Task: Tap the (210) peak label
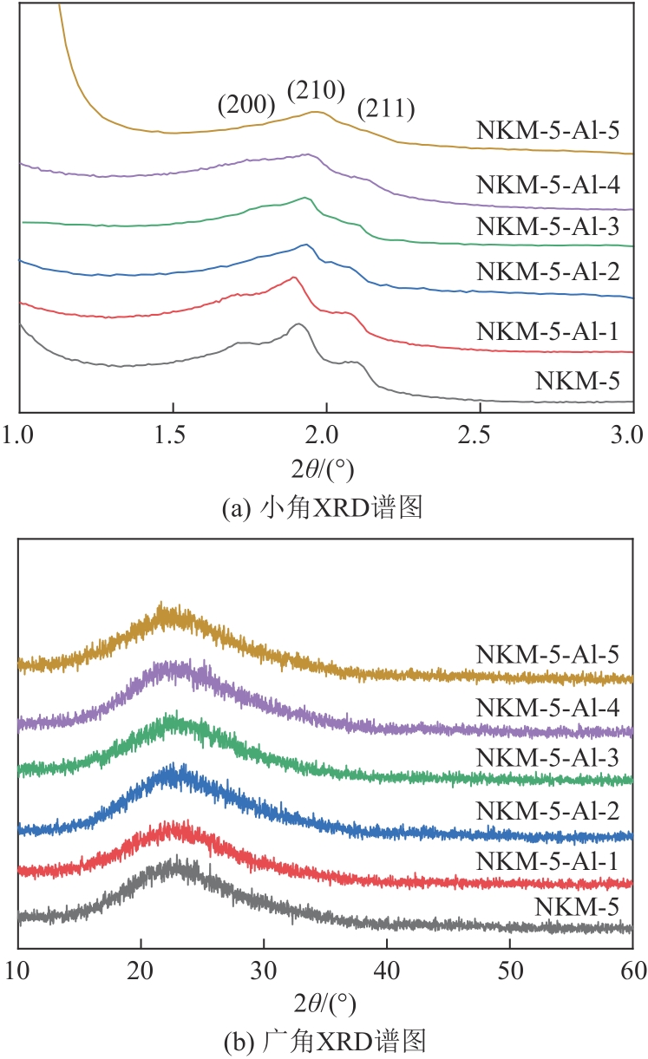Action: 317,90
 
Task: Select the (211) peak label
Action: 386,109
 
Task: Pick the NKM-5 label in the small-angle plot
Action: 586,380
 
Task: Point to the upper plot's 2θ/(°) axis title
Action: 325,469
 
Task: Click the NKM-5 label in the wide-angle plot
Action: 586,907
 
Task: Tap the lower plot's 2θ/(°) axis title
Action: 325,1004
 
